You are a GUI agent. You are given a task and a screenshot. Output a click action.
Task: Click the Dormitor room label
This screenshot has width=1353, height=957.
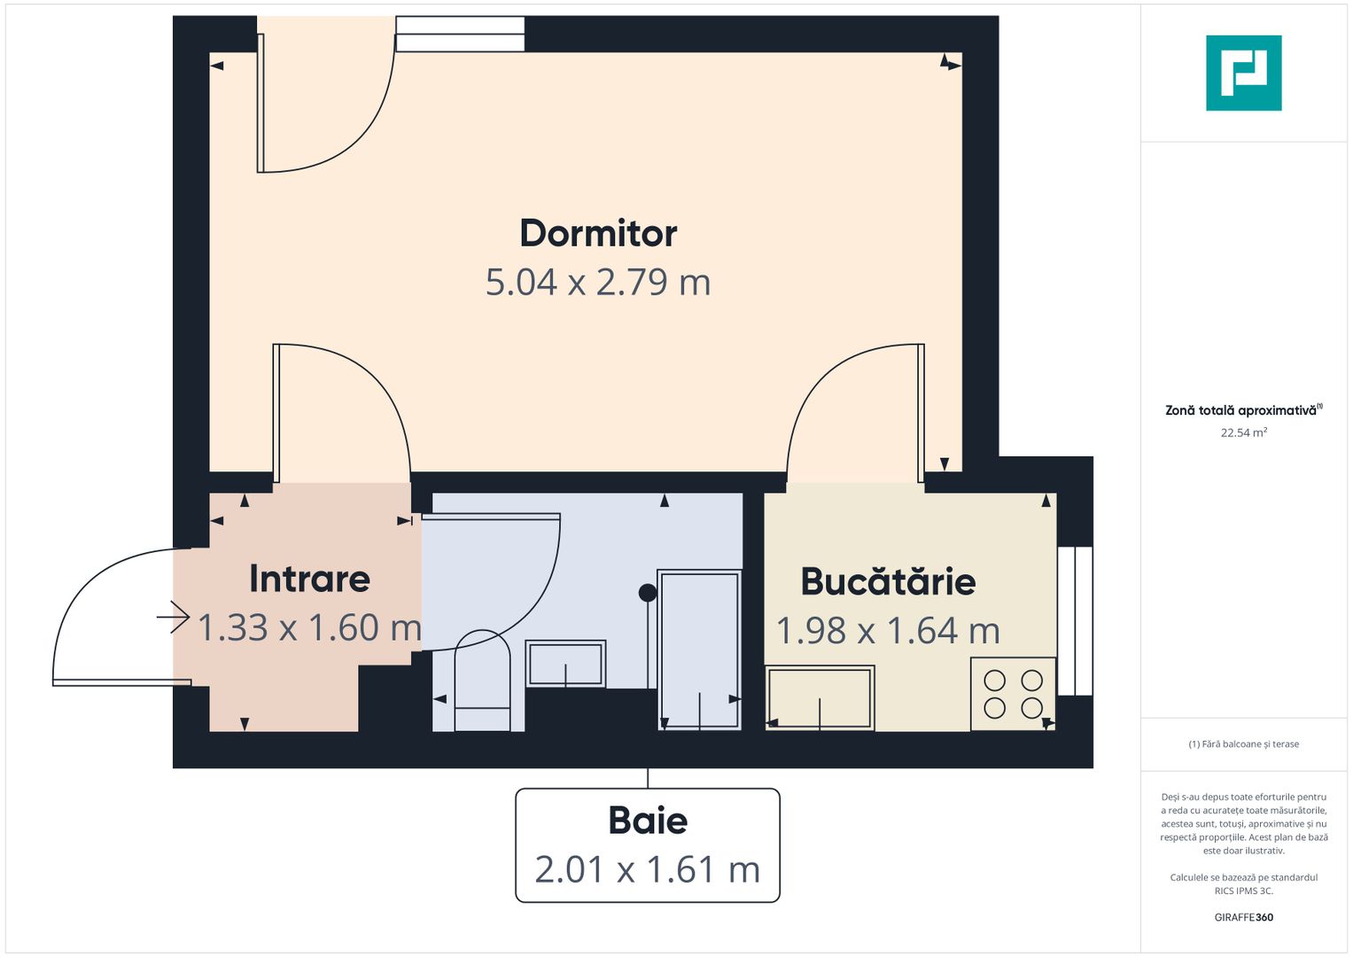[x=598, y=234]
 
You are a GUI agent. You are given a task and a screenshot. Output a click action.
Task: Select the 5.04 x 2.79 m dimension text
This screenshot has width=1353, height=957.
[x=598, y=283]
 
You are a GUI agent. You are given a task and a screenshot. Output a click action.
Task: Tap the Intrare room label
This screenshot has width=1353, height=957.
[x=309, y=579]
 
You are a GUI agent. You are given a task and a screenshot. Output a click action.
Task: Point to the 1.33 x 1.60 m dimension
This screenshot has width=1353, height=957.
[x=309, y=628]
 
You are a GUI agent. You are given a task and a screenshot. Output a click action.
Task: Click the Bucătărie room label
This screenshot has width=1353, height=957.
[x=888, y=582]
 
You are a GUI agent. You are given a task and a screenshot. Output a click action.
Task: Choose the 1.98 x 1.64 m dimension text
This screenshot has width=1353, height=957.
[x=888, y=631]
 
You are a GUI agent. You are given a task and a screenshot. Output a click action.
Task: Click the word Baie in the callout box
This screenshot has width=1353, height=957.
[x=648, y=821]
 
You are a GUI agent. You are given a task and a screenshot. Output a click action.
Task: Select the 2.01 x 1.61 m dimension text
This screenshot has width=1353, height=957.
[x=648, y=870]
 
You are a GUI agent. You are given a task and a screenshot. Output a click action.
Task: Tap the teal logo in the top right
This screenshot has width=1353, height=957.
[x=1243, y=73]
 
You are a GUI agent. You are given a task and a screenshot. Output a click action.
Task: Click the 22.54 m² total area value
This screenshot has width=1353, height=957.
[x=1243, y=433]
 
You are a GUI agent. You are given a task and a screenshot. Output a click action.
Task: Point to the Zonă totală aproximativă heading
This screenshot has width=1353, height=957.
[x=1241, y=410]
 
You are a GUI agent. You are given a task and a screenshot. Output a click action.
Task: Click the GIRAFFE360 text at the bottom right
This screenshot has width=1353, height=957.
[x=1243, y=917]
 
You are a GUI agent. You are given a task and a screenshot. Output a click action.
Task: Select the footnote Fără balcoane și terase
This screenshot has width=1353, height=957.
[x=1243, y=744]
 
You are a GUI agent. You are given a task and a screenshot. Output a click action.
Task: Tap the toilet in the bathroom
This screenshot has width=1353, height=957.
[x=483, y=681]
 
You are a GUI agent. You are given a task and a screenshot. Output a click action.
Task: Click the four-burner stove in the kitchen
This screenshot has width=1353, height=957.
[x=1013, y=694]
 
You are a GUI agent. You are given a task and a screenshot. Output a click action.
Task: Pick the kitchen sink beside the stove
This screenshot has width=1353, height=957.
[x=820, y=698]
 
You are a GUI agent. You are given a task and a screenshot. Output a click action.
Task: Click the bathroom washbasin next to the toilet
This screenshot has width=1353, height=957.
[x=565, y=664]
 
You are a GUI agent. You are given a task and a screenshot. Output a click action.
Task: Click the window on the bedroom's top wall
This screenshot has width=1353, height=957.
[x=460, y=35]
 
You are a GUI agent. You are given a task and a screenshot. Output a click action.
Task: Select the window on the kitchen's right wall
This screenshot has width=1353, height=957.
[x=1075, y=620]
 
